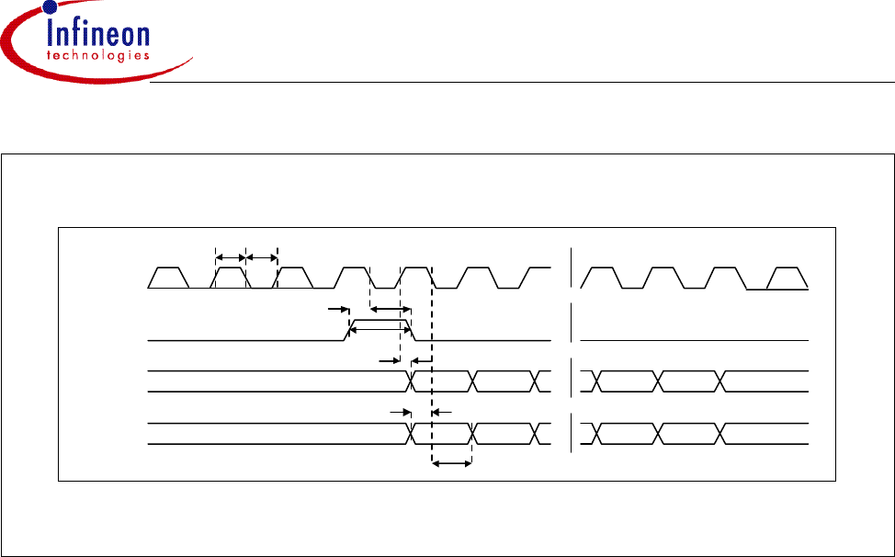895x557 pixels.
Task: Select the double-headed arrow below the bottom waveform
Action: tap(451, 465)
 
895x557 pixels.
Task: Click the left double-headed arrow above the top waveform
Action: tap(230, 257)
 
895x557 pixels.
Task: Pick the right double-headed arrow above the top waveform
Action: tap(261, 257)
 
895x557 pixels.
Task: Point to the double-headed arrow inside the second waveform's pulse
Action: tap(380, 325)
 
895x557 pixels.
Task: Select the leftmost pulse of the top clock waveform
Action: tap(169, 277)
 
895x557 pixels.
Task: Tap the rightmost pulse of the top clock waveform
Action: tap(789, 277)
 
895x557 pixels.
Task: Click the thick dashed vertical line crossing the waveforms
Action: tap(431, 368)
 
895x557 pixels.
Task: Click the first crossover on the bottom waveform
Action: tap(413, 434)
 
